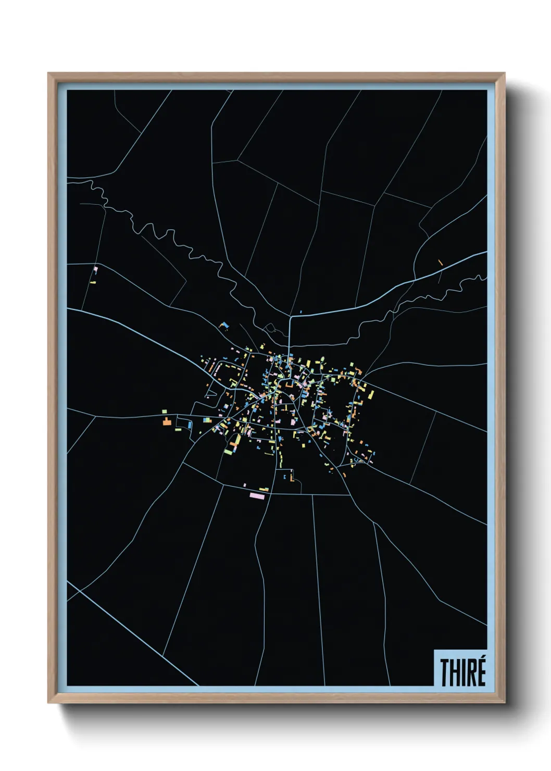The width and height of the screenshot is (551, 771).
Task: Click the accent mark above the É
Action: pos(482,660)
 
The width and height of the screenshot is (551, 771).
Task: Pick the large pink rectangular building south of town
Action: pos(257,495)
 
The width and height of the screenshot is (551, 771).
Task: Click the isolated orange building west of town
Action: pos(167,421)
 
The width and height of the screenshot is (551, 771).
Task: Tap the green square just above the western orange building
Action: pos(165,411)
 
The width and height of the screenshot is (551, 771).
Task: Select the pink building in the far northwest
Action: pos(96,270)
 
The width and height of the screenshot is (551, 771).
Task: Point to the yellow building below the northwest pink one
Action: pos(93,282)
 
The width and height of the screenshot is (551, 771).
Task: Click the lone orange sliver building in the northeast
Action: pos(441,263)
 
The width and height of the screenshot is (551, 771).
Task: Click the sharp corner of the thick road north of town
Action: pos(290,316)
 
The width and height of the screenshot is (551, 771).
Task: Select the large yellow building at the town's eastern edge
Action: pos(370,394)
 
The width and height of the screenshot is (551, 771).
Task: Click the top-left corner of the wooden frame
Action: pos(48,73)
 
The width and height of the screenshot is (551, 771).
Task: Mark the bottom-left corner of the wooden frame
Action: pos(48,703)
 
